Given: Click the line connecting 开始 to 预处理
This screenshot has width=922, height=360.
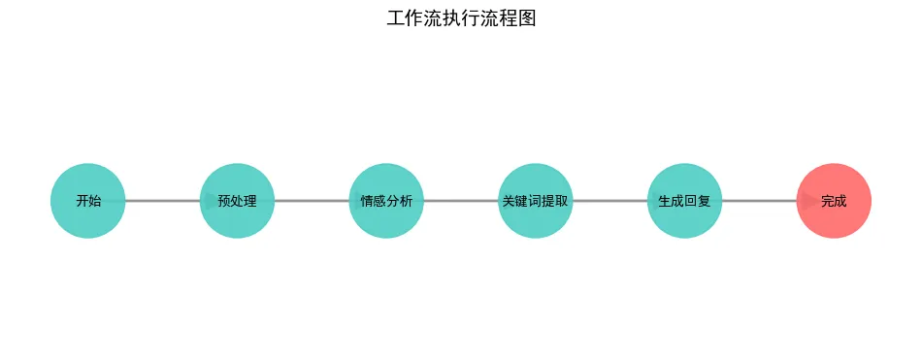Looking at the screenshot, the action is [x=163, y=201].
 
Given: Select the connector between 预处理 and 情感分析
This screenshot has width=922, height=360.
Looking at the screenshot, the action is [x=312, y=201].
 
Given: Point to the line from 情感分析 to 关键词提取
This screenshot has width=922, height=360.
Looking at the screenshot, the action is [x=461, y=201].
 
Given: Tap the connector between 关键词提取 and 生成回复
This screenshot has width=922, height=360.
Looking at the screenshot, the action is [x=609, y=201].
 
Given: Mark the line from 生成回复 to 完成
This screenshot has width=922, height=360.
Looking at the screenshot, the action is [x=759, y=201].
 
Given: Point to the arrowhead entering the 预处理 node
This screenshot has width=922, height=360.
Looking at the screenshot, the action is [x=211, y=201].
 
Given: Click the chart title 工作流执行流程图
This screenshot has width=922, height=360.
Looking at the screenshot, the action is [x=461, y=18].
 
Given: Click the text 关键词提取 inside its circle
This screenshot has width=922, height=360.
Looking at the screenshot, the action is [x=536, y=202].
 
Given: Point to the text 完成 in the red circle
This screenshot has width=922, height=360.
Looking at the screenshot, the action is [x=834, y=202].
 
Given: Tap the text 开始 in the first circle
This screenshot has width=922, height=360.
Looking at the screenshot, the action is [x=87, y=202].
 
